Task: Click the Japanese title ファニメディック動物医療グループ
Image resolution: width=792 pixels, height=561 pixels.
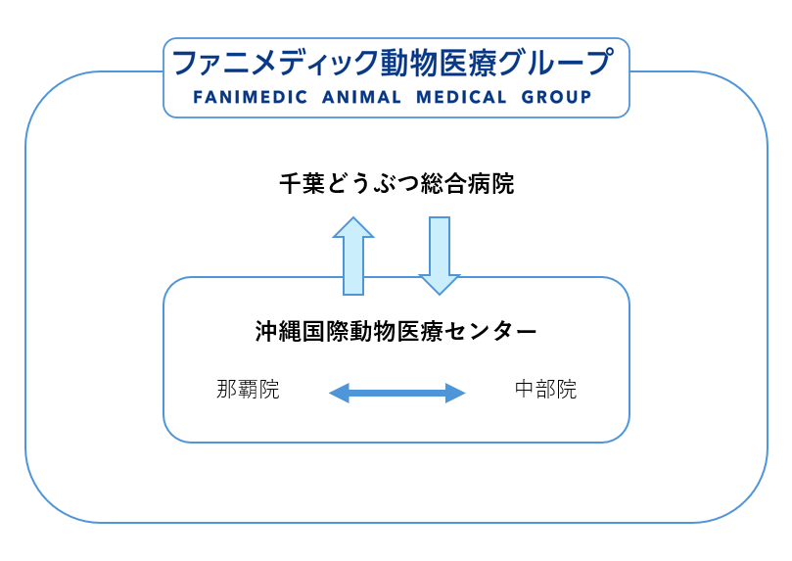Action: pyautogui.click(x=392, y=64)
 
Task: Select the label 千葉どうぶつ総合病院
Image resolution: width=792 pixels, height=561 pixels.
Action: pyautogui.click(x=396, y=183)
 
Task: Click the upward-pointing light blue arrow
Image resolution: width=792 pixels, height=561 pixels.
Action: pyautogui.click(x=353, y=257)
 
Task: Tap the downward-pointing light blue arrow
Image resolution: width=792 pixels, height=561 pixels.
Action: pyautogui.click(x=440, y=255)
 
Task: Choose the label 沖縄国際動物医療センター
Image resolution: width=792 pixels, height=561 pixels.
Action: pyautogui.click(x=396, y=331)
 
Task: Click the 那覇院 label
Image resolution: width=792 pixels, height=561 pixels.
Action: pyautogui.click(x=248, y=390)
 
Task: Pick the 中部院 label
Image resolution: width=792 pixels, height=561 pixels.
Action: pyautogui.click(x=545, y=390)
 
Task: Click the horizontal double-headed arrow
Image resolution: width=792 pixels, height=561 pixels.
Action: pyautogui.click(x=396, y=394)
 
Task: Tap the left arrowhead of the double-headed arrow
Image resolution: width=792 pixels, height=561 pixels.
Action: pyautogui.click(x=339, y=394)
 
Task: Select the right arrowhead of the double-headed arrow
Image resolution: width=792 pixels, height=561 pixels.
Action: pyautogui.click(x=455, y=394)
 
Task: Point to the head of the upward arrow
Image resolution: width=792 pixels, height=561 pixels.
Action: pyautogui.click(x=353, y=227)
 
